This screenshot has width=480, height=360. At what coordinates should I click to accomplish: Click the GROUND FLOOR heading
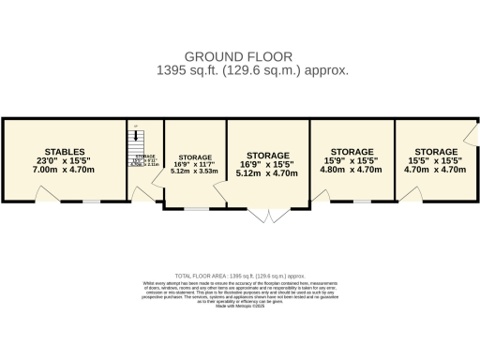click(239, 55)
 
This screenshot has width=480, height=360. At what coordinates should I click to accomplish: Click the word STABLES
click(65, 151)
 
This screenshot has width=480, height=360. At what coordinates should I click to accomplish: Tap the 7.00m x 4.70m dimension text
click(65, 171)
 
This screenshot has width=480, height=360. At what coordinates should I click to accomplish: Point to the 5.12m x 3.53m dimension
click(195, 172)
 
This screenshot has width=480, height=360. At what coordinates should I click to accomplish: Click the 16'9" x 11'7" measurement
click(195, 163)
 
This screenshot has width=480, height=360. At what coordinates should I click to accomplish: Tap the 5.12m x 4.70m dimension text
click(267, 173)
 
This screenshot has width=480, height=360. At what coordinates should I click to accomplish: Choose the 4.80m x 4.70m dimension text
click(352, 171)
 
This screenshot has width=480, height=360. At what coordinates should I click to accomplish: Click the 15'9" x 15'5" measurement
click(352, 161)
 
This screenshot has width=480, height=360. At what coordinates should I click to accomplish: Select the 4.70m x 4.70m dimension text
click(435, 171)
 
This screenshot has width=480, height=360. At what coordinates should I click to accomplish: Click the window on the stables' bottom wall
click(91, 201)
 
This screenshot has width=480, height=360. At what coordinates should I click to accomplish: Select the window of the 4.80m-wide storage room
click(363, 201)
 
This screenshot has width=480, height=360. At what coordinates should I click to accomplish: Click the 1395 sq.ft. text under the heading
click(240, 69)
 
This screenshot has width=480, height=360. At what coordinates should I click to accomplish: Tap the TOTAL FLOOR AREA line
click(240, 277)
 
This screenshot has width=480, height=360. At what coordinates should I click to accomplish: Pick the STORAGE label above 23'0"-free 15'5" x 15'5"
click(435, 151)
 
